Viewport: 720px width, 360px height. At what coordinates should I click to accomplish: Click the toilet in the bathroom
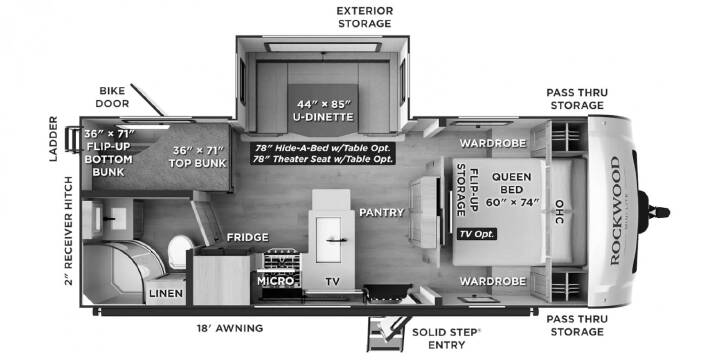tap(180, 252)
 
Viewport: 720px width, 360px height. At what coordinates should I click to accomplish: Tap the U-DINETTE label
tap(323, 117)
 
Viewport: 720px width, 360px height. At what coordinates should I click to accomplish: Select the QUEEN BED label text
tap(512, 183)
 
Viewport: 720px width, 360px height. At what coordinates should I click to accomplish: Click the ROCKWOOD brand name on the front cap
tap(615, 211)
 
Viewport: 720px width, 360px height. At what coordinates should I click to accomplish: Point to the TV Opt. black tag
tap(477, 234)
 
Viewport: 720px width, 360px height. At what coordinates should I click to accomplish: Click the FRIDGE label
tap(248, 237)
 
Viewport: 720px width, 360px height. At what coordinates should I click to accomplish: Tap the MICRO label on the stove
tap(276, 281)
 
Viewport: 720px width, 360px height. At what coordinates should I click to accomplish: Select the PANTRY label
tap(382, 212)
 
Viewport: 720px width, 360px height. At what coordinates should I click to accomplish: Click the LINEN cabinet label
tap(166, 293)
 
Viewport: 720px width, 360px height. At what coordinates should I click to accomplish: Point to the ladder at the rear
tap(73, 139)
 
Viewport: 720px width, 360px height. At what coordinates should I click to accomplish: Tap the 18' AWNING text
tap(229, 328)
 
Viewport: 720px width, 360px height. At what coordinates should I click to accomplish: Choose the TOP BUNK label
tap(197, 157)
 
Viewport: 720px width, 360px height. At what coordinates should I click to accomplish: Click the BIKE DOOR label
tap(112, 97)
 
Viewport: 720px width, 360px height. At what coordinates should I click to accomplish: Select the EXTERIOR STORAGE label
tap(365, 17)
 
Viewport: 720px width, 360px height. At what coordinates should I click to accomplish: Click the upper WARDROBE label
tap(493, 143)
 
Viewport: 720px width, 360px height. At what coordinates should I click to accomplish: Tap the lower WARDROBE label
tap(493, 281)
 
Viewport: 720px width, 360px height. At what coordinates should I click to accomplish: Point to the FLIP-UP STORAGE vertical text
tap(467, 189)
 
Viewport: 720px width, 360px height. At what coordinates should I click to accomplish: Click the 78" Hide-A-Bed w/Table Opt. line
tap(323, 148)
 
